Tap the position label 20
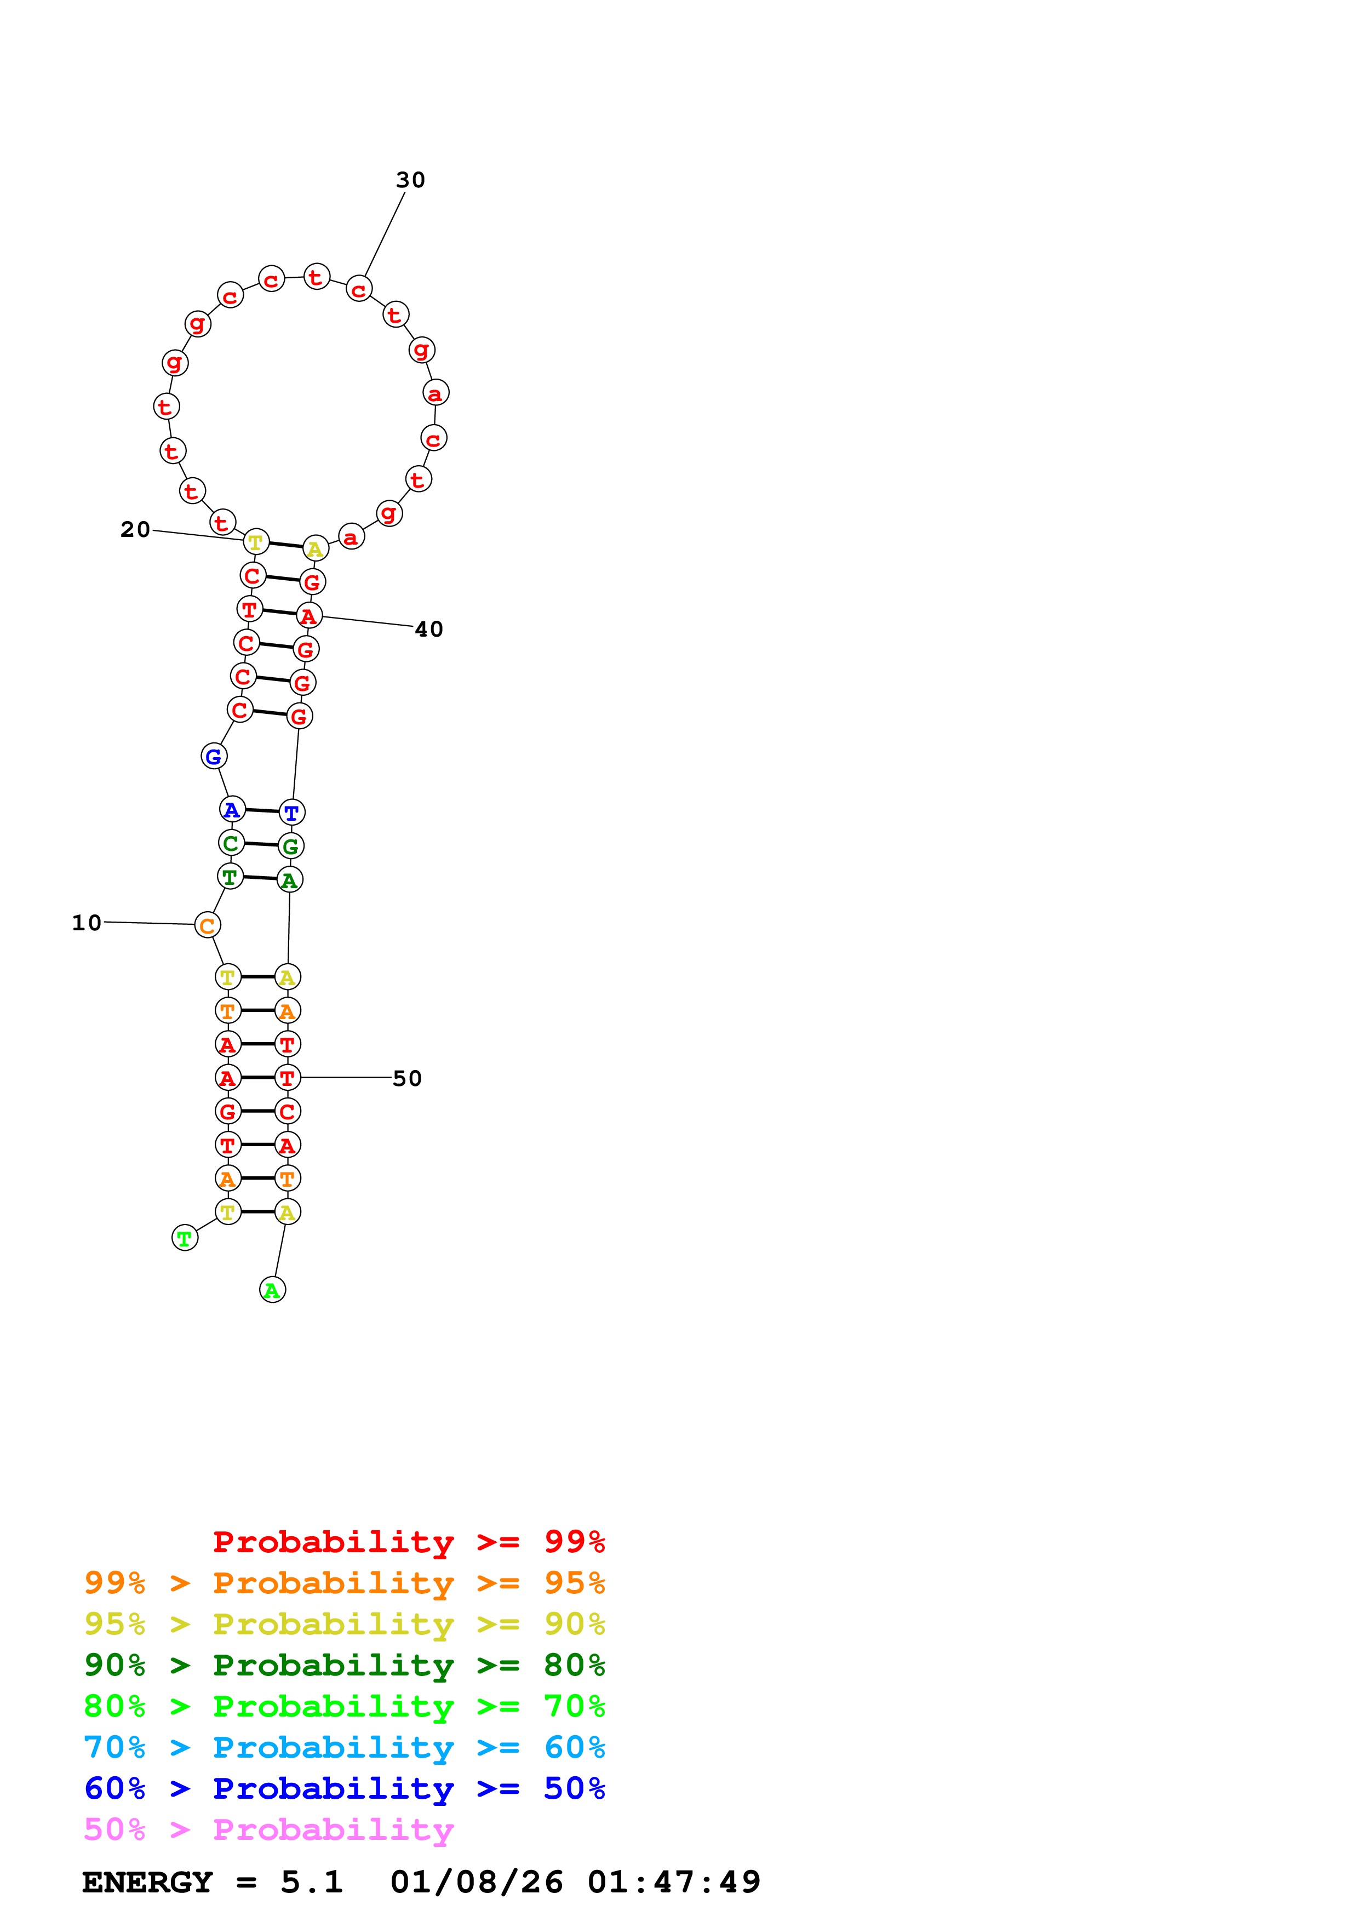pyautogui.click(x=135, y=529)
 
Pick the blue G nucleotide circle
pyautogui.click(x=214, y=757)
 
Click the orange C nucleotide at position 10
pyautogui.click(x=208, y=926)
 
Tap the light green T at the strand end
pyautogui.click(x=185, y=1238)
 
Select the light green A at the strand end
pyautogui.click(x=273, y=1290)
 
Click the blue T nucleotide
pyautogui.click(x=292, y=812)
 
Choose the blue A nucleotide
pyautogui.click(x=232, y=809)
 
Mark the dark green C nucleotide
pyautogui.click(x=231, y=843)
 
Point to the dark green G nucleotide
pyautogui.click(x=290, y=846)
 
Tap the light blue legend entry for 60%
pyautogui.click(x=344, y=1747)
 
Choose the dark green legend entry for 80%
pyautogui.click(x=344, y=1665)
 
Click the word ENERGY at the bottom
pyautogui.click(x=147, y=1882)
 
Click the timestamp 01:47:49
pyautogui.click(x=674, y=1882)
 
